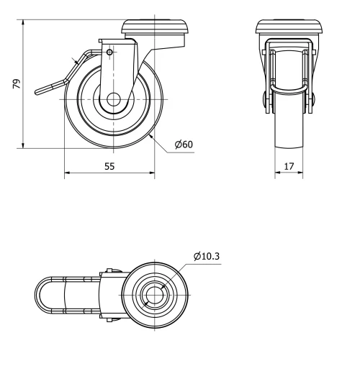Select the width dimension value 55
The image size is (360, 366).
[x=109, y=165]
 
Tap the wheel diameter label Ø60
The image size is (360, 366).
[x=183, y=144]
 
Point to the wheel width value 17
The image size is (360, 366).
[x=289, y=165]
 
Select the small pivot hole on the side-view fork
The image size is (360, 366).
[x=109, y=52]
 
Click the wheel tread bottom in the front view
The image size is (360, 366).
[x=289, y=147]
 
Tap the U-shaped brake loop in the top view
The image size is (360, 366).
[x=43, y=296]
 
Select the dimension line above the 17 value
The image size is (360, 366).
[x=289, y=173]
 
